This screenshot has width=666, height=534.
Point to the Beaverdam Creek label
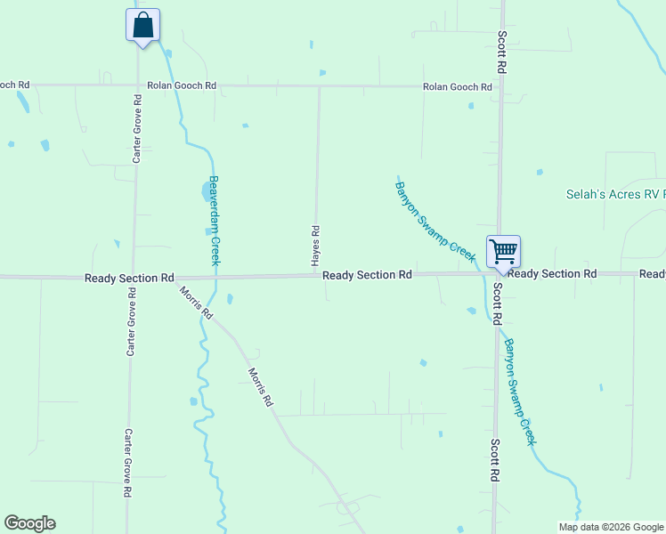[215, 219]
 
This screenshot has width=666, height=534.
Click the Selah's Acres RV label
[615, 194]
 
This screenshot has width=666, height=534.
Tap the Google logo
[29, 523]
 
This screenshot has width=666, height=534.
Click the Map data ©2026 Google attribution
[610, 527]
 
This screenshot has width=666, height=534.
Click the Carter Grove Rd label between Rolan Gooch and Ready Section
[137, 138]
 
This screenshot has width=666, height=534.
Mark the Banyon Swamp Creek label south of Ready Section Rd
[521, 391]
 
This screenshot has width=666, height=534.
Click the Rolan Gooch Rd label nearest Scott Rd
[458, 86]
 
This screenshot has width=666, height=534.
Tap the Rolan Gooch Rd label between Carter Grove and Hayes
[182, 85]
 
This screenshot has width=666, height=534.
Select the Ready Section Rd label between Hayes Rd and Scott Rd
[367, 275]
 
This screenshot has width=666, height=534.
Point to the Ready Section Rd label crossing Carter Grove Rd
[129, 278]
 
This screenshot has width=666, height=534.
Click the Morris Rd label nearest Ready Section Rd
[196, 303]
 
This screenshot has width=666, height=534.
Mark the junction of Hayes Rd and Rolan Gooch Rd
[319, 87]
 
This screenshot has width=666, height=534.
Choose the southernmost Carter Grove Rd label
[128, 463]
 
